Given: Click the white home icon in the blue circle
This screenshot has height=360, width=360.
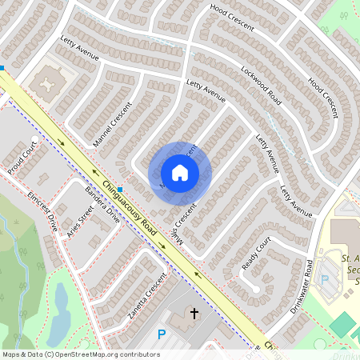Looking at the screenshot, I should tap(180, 173).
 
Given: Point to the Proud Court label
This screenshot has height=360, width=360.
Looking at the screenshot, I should tap(23, 160).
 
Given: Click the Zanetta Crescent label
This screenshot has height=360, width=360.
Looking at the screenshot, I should tap(151, 292).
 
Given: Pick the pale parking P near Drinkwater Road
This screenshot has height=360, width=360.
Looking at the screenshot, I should tap(325, 280).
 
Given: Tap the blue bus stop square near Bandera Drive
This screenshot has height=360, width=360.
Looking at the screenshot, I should tap(120, 190).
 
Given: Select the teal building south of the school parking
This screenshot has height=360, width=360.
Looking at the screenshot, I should tap(342, 324).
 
